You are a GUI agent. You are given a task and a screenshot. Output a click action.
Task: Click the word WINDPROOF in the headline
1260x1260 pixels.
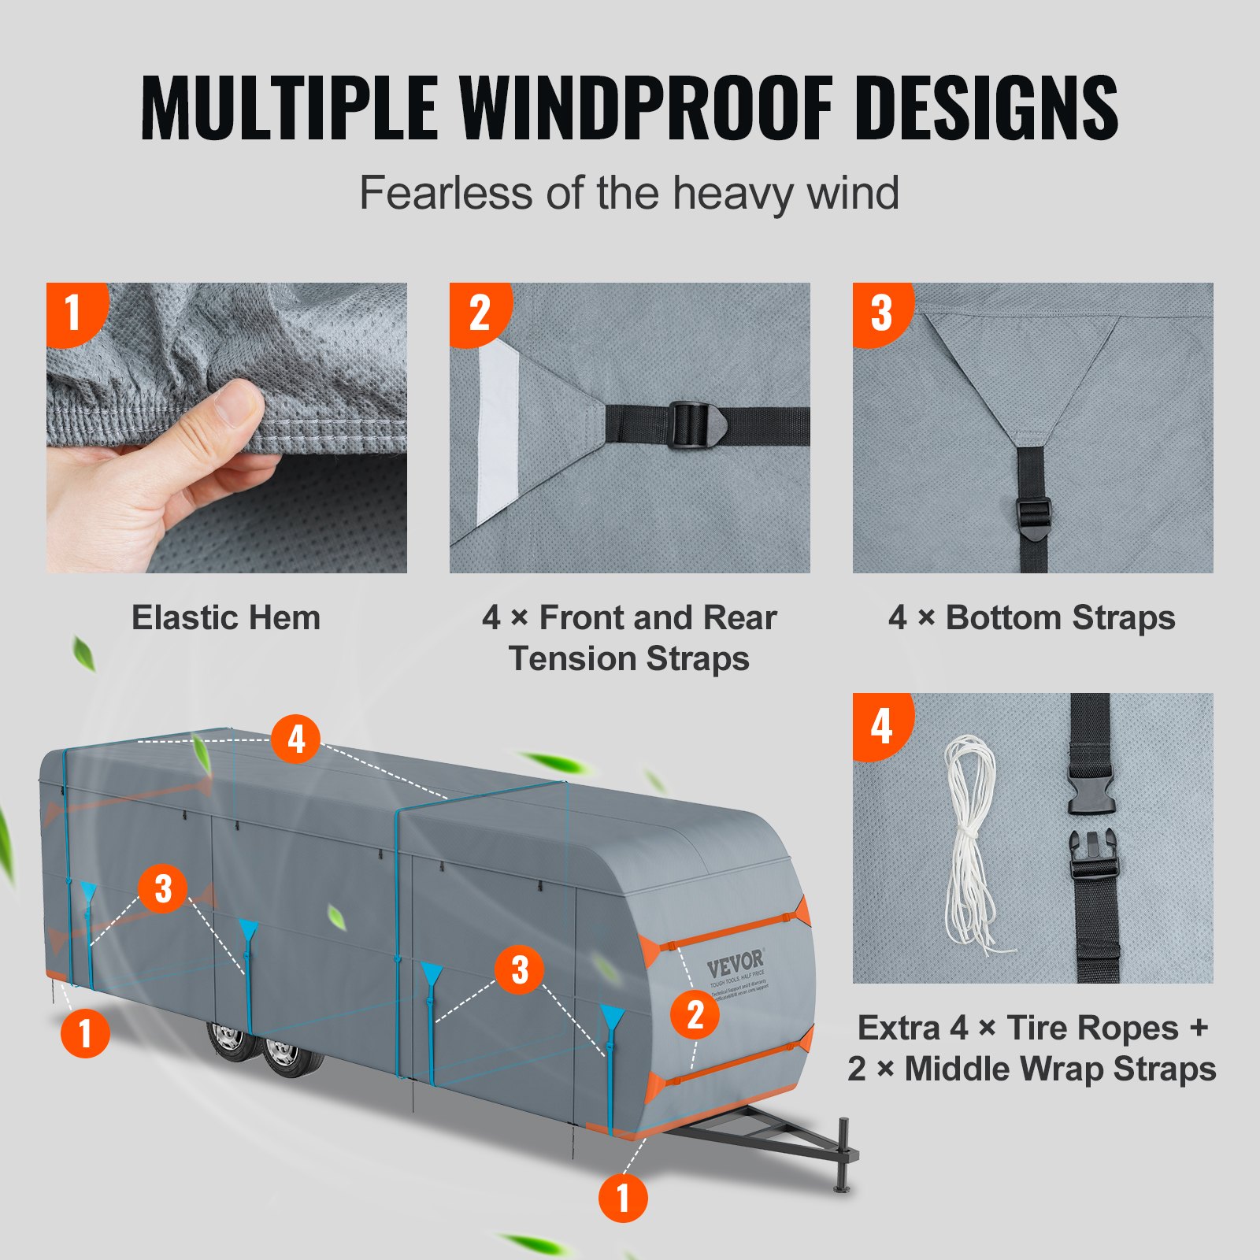pos(646,108)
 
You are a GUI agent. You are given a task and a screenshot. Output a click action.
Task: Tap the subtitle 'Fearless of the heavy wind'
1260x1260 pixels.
pos(628,193)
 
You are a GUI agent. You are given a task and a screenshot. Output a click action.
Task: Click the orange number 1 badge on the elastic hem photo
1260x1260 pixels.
pos(74,312)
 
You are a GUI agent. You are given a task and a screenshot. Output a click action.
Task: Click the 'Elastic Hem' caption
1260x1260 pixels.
pos(226,618)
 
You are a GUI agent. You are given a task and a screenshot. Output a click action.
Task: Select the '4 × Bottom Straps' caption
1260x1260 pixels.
pos(1032,618)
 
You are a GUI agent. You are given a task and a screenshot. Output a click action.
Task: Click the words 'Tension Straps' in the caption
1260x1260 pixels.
pos(628,658)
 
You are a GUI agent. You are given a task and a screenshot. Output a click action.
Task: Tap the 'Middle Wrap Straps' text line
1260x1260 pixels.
pos(1059,1069)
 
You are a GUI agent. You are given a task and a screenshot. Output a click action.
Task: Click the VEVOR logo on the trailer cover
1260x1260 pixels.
pos(735,962)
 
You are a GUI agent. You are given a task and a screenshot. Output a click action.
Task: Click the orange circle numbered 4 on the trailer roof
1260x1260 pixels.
pos(295,739)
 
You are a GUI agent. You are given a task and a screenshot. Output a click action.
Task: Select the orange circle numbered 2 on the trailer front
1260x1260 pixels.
pos(695,1015)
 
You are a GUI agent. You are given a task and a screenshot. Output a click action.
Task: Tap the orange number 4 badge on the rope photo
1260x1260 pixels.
pos(880,724)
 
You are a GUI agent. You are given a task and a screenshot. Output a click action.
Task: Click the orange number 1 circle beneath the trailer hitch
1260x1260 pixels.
pos(623,1198)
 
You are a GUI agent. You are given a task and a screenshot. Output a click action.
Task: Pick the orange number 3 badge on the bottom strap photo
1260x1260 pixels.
pos(880,312)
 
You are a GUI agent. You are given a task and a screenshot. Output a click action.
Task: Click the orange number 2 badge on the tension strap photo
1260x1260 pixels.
pos(478,312)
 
